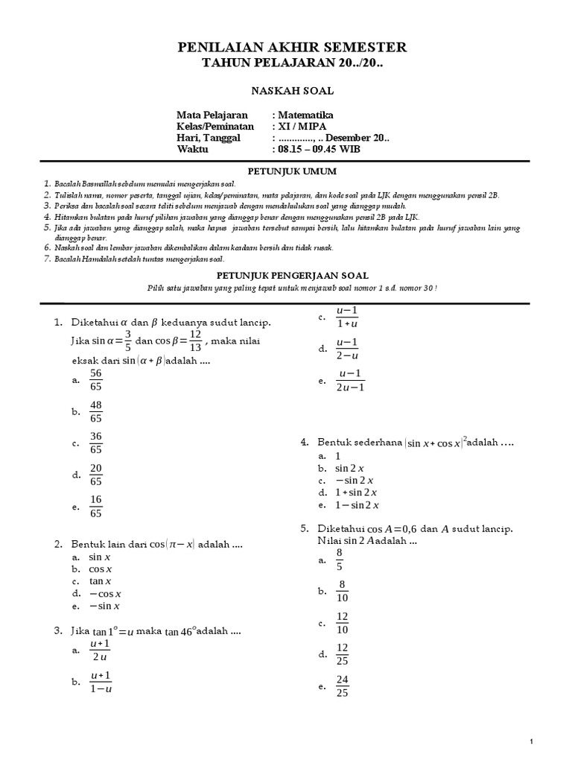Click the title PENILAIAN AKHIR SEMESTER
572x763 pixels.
pos(292,48)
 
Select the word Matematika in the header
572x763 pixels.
pos(306,115)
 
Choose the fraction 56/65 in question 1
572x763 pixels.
pos(95,379)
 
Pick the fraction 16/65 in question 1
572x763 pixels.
pos(95,507)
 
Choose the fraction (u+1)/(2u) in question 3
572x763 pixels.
pos(100,650)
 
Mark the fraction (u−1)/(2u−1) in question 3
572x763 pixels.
pos(350,379)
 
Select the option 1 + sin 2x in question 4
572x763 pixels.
pos(356,493)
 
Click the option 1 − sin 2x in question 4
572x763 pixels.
pos(356,504)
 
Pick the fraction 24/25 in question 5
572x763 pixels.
pos(342,687)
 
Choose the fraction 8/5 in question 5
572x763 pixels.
pos(340,559)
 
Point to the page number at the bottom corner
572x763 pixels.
pos(532,741)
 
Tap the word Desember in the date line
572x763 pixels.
pos(348,138)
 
